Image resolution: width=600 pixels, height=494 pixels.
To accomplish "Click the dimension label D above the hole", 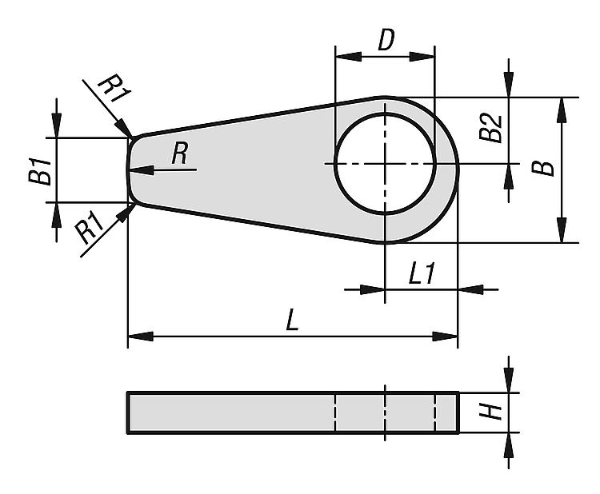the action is coord(386,40).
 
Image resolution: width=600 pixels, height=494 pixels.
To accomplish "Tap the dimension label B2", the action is coord(491,128).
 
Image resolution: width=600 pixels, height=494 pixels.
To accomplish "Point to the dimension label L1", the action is coord(422,273).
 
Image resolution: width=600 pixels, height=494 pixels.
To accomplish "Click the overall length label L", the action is coord(292,320).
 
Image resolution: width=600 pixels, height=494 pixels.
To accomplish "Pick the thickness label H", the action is coord(491,412).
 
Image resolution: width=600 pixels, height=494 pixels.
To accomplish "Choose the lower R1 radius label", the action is coord(90,229).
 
